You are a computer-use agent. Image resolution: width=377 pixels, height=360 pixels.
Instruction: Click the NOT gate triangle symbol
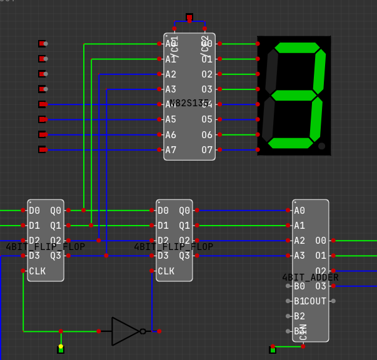pos(124,331)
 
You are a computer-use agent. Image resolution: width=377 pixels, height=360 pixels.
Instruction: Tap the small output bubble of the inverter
pos(143,331)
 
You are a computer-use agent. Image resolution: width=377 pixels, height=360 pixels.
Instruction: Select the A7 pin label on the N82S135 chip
pos(171,149)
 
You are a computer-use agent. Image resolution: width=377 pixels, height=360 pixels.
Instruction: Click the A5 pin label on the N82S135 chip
pos(171,119)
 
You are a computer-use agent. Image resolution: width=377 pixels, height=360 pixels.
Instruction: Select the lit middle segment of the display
pos(293,96)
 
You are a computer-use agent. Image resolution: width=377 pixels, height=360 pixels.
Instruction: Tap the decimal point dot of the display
pos(321,146)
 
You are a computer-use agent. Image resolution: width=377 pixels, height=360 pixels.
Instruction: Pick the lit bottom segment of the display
pos(290,143)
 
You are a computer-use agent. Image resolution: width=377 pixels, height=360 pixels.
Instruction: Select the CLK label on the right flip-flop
pos(166,271)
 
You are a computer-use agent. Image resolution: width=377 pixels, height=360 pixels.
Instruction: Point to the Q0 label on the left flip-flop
pos(56,211)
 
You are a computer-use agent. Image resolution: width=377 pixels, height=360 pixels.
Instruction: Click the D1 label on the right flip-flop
pos(163,226)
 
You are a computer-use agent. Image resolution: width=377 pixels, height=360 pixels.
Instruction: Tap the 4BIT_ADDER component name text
pos(310,277)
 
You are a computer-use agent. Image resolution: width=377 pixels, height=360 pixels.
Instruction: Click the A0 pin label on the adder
pos(299,211)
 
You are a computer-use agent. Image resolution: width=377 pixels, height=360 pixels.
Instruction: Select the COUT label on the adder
pos(314,301)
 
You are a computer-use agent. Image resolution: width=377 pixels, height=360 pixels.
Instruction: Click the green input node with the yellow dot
pos(61,349)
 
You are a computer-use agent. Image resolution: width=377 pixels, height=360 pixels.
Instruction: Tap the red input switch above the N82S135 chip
pos(189,17)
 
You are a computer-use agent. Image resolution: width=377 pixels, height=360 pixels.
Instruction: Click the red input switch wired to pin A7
pos(42,149)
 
